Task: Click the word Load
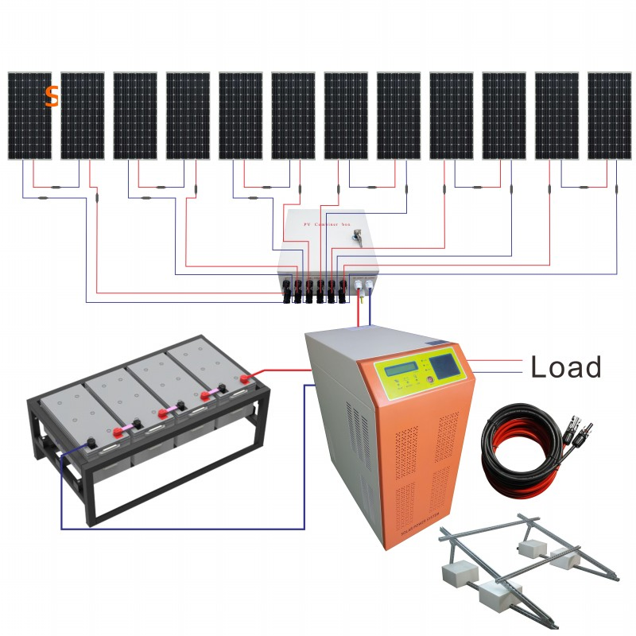tap(565, 366)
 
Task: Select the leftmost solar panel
tap(30, 116)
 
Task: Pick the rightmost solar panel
tap(609, 116)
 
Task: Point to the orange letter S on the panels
tap(52, 95)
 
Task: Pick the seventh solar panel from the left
tap(346, 116)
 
